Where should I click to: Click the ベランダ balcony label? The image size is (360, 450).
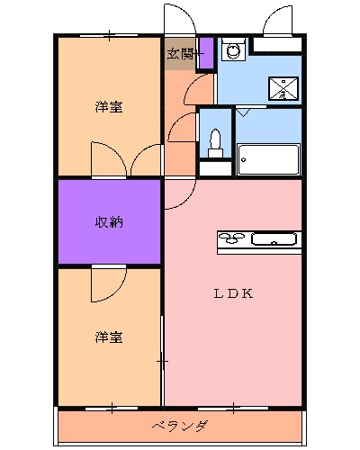click(x=180, y=426)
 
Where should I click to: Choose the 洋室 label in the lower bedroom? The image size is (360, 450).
click(x=109, y=337)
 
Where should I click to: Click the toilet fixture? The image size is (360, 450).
click(x=214, y=142)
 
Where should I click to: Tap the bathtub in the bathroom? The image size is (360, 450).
click(x=268, y=159)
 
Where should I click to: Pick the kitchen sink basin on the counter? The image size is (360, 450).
click(x=271, y=239)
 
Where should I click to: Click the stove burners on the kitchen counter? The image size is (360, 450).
click(x=231, y=239)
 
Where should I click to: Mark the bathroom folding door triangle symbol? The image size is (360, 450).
click(x=244, y=113)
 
